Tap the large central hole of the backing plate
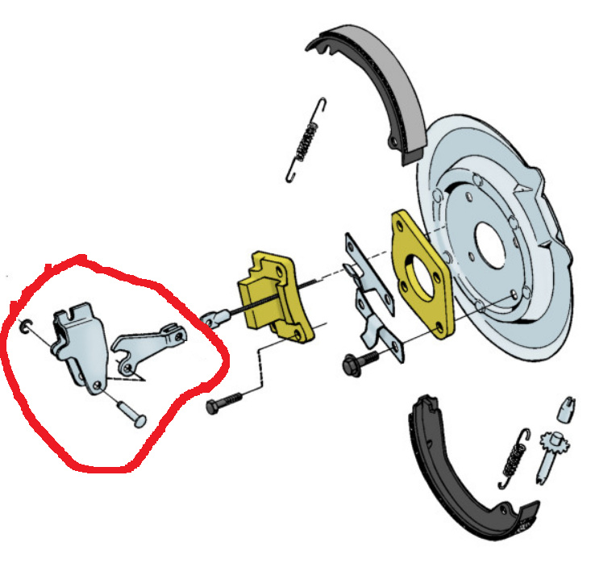pos(489,241)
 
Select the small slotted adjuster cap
pos(565,406)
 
